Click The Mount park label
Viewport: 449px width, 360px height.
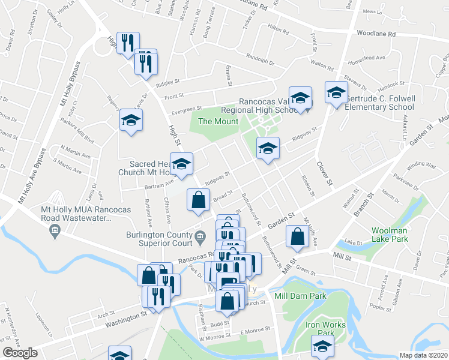tap(214, 121)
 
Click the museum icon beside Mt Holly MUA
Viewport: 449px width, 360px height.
tap(55, 230)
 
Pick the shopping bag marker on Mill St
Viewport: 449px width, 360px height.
tap(297, 236)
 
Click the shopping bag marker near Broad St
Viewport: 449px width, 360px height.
tap(198, 200)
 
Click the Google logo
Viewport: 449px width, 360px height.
tap(20, 353)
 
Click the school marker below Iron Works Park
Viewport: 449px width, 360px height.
tap(322, 346)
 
